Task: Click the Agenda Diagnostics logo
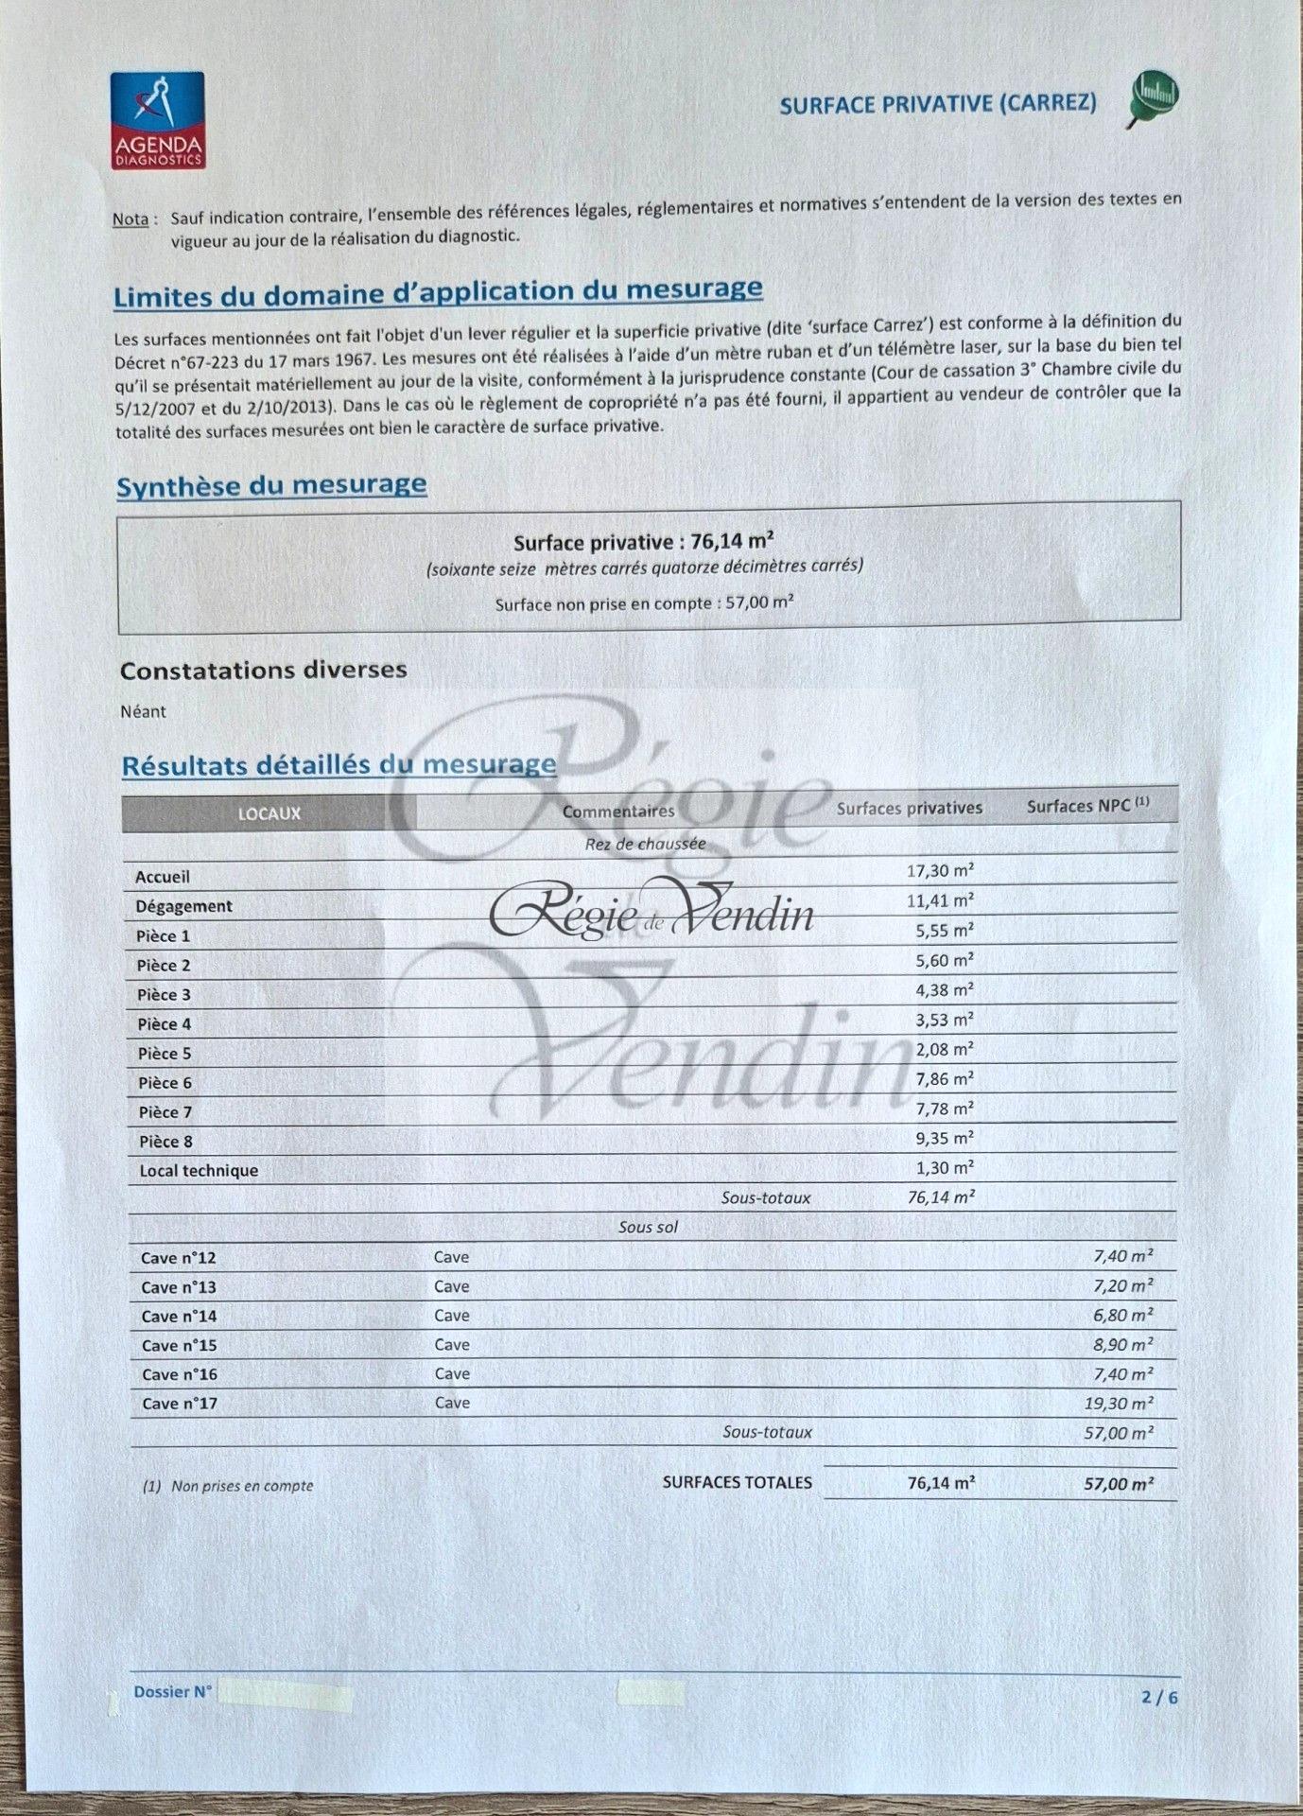pos(157,120)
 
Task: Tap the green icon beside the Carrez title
pos(1155,97)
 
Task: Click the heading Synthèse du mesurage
pos(271,486)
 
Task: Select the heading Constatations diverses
pos(263,670)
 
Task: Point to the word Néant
pos(143,711)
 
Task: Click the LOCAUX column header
pos(269,813)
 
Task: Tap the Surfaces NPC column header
pos(1087,806)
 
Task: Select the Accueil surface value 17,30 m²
pos(939,870)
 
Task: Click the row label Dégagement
pos(183,906)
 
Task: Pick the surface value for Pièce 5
pos(945,1049)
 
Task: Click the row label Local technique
pos(199,1170)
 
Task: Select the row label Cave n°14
pos(179,1316)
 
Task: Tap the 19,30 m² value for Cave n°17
pos(1118,1404)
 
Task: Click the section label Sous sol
pos(648,1227)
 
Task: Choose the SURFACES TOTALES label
pos(737,1482)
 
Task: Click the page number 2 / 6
pos(1159,1697)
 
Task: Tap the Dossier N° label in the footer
pos(172,1692)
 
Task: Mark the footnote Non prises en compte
pos(241,1486)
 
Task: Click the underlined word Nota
pos(130,219)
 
